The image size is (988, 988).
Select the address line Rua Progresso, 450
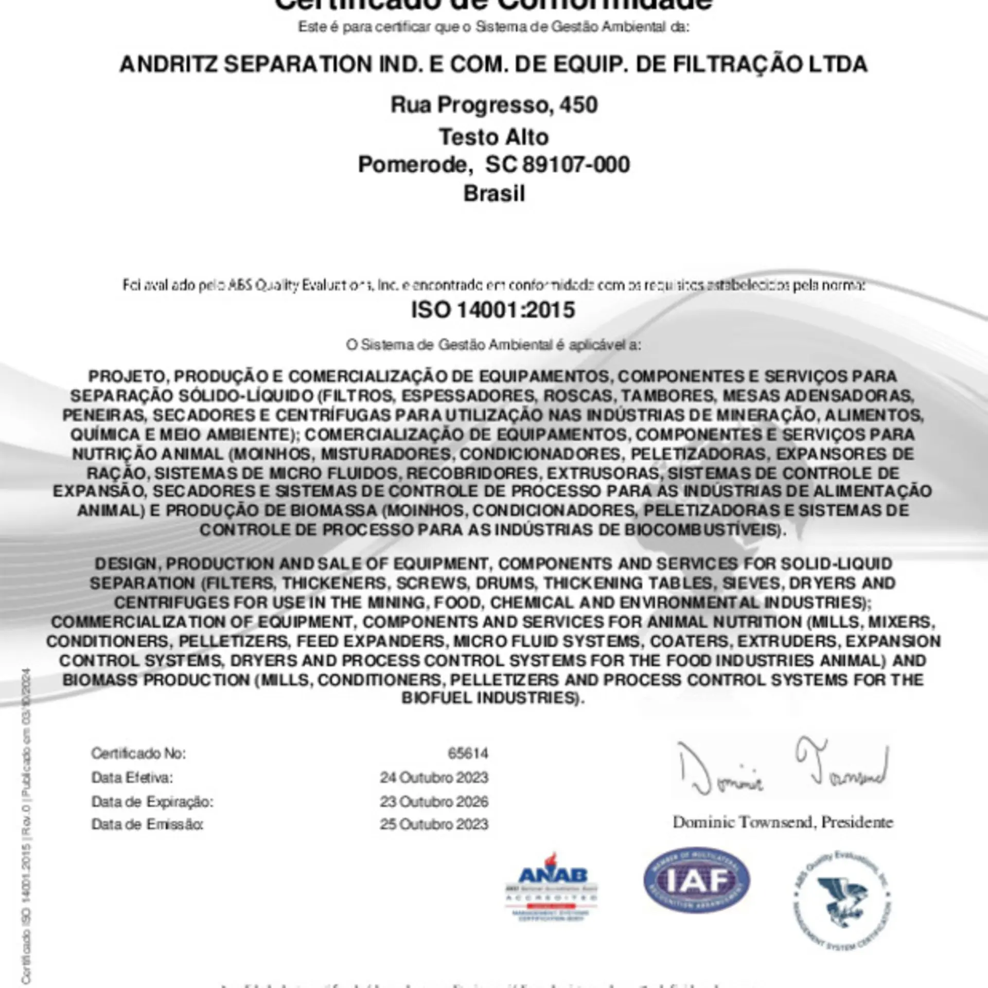tap(494, 105)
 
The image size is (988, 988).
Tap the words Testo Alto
tap(494, 137)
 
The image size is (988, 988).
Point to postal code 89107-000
tap(576, 165)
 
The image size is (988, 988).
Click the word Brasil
tap(494, 194)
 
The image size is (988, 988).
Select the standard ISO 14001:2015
tap(492, 310)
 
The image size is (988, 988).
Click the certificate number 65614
tap(468, 753)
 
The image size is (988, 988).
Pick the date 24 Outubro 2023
tap(434, 778)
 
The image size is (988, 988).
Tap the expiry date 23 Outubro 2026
tap(434, 802)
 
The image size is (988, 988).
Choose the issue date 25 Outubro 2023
tap(434, 824)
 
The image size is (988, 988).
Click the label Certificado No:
tap(138, 753)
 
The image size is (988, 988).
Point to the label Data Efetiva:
tap(132, 778)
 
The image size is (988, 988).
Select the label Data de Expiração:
tap(152, 802)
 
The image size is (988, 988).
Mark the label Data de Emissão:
tap(147, 824)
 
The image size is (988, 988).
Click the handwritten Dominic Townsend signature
tap(782, 767)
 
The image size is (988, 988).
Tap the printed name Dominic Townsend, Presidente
tap(783, 822)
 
